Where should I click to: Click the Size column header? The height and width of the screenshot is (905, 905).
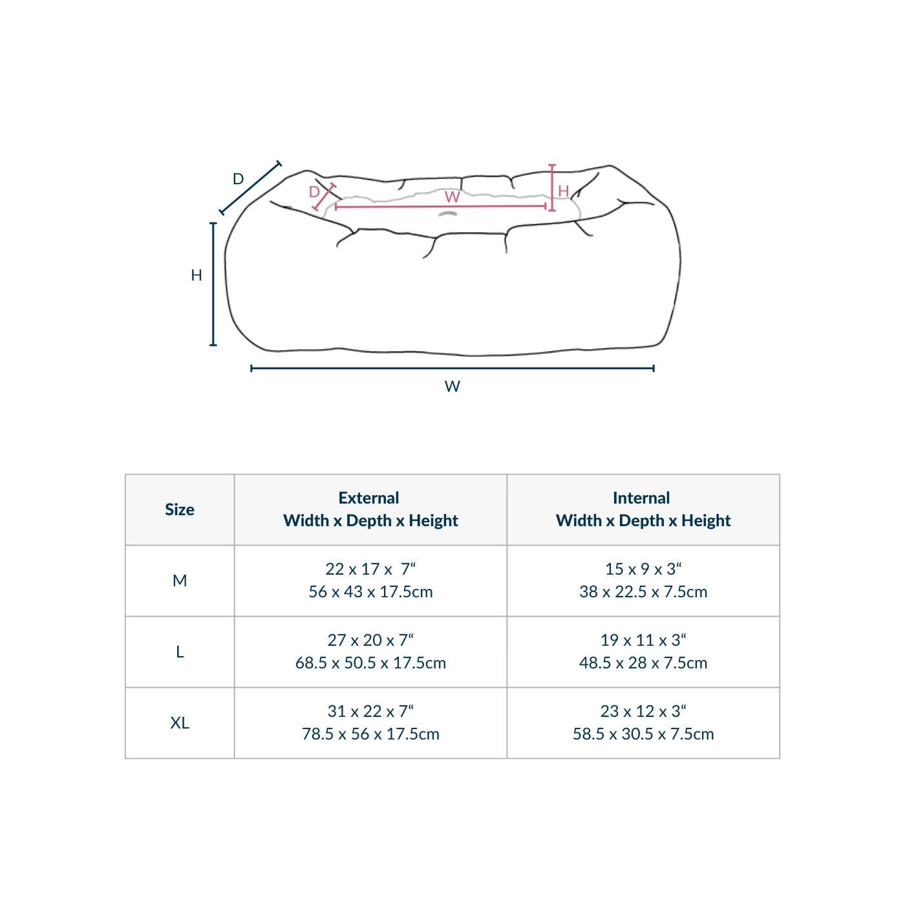180,509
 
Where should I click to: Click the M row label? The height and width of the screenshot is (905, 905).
180,580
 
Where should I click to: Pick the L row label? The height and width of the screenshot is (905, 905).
180,652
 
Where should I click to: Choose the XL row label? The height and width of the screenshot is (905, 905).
180,723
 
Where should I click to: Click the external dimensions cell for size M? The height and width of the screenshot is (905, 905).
370,580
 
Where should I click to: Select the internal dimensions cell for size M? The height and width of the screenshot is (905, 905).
643,580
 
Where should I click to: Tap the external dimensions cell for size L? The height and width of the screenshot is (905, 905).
370,652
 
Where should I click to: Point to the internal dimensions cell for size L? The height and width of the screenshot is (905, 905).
643,652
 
